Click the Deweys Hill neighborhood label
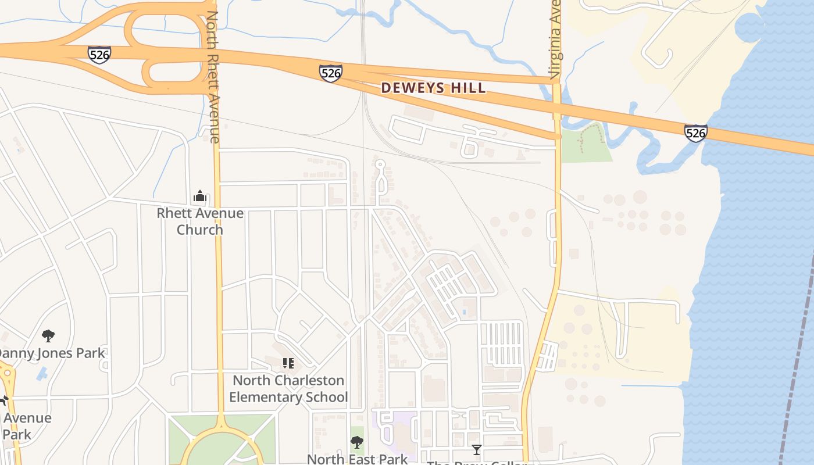[x=433, y=88]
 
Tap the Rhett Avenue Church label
[x=200, y=221]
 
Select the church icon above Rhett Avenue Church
[x=200, y=196]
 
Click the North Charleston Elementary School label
[x=288, y=389]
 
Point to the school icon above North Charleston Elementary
[x=288, y=363]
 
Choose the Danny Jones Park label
[x=51, y=353]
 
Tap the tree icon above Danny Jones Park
[x=48, y=335]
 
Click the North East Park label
[x=357, y=459]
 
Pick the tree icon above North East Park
[x=357, y=442]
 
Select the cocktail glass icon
[x=477, y=449]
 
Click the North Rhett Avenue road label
[x=213, y=76]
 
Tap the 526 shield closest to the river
[x=695, y=133]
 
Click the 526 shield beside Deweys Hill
[x=330, y=73]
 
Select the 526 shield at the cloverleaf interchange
[x=99, y=54]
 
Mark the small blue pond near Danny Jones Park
[x=42, y=373]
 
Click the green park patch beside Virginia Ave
[x=586, y=146]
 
